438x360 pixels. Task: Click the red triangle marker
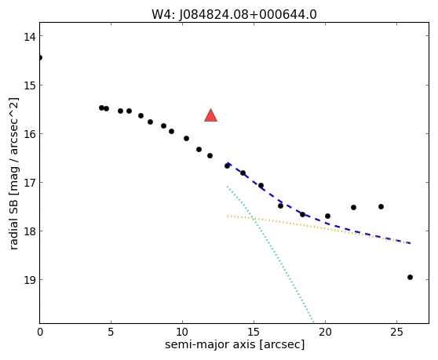click(x=210, y=115)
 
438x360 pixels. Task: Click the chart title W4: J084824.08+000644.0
click(x=234, y=15)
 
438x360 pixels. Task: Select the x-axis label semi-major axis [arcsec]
click(x=235, y=344)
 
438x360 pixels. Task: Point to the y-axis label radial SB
click(x=13, y=227)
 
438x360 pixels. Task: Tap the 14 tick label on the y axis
click(x=30, y=37)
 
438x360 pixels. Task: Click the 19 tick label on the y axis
click(x=30, y=280)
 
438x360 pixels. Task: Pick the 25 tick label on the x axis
click(x=396, y=332)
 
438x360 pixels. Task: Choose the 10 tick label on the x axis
click(x=182, y=332)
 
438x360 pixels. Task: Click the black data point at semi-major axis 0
click(x=40, y=58)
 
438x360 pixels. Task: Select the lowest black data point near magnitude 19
click(x=410, y=277)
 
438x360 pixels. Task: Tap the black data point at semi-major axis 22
click(x=354, y=207)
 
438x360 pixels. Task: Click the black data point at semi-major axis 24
click(x=381, y=206)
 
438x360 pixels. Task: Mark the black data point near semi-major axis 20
click(x=327, y=216)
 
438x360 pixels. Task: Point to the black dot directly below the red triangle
click(x=210, y=156)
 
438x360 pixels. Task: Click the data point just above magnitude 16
click(x=172, y=131)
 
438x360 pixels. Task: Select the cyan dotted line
click(x=270, y=254)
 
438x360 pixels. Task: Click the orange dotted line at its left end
click(x=228, y=216)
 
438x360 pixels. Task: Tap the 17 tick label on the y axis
click(x=30, y=183)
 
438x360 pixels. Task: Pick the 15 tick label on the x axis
click(x=254, y=332)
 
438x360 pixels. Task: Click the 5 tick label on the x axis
click(x=111, y=332)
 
